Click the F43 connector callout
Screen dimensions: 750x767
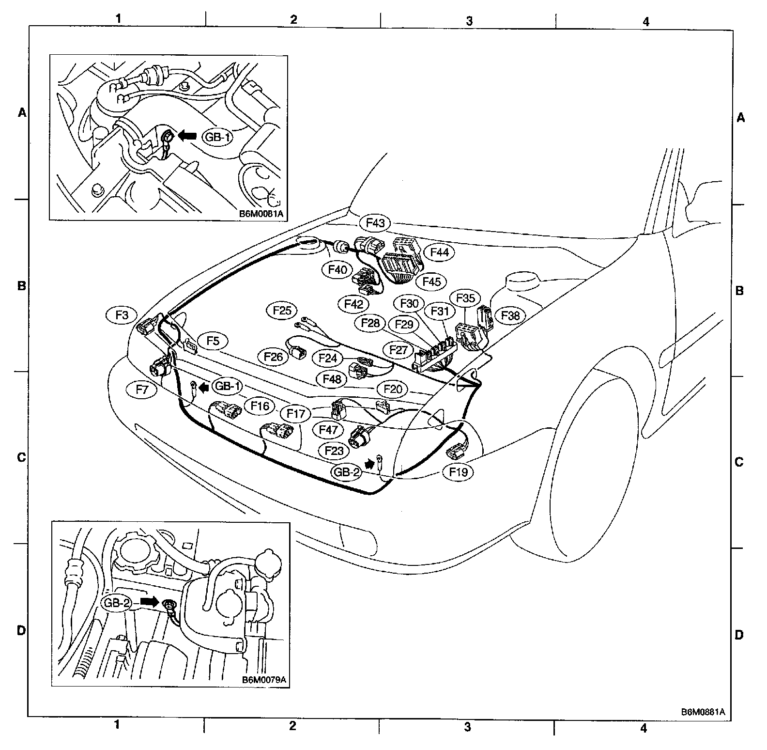pos(375,223)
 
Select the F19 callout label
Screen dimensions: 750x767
pos(458,471)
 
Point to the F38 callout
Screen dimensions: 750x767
pos(510,315)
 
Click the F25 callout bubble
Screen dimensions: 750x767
pos(282,310)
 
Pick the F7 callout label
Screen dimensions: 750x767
pos(141,389)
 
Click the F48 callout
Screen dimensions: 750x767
pos(332,378)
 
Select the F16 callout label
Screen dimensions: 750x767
pos(260,406)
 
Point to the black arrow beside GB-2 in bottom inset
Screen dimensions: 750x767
pos(150,602)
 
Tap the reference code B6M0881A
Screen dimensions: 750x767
pos(703,712)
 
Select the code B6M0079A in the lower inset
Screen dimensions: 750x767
pos(264,679)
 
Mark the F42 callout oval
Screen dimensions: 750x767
pos(353,304)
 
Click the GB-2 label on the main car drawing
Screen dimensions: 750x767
pos(346,471)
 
